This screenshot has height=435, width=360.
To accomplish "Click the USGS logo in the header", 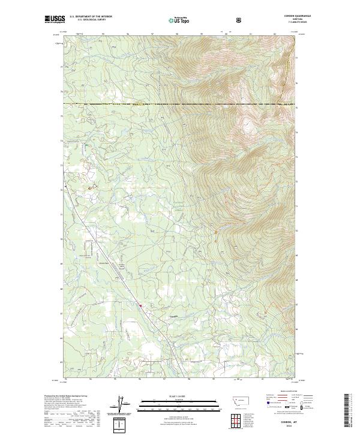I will (55, 19).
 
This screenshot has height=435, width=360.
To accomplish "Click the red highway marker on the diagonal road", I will (140, 306).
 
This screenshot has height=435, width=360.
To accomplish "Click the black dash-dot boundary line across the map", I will (180, 104).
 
